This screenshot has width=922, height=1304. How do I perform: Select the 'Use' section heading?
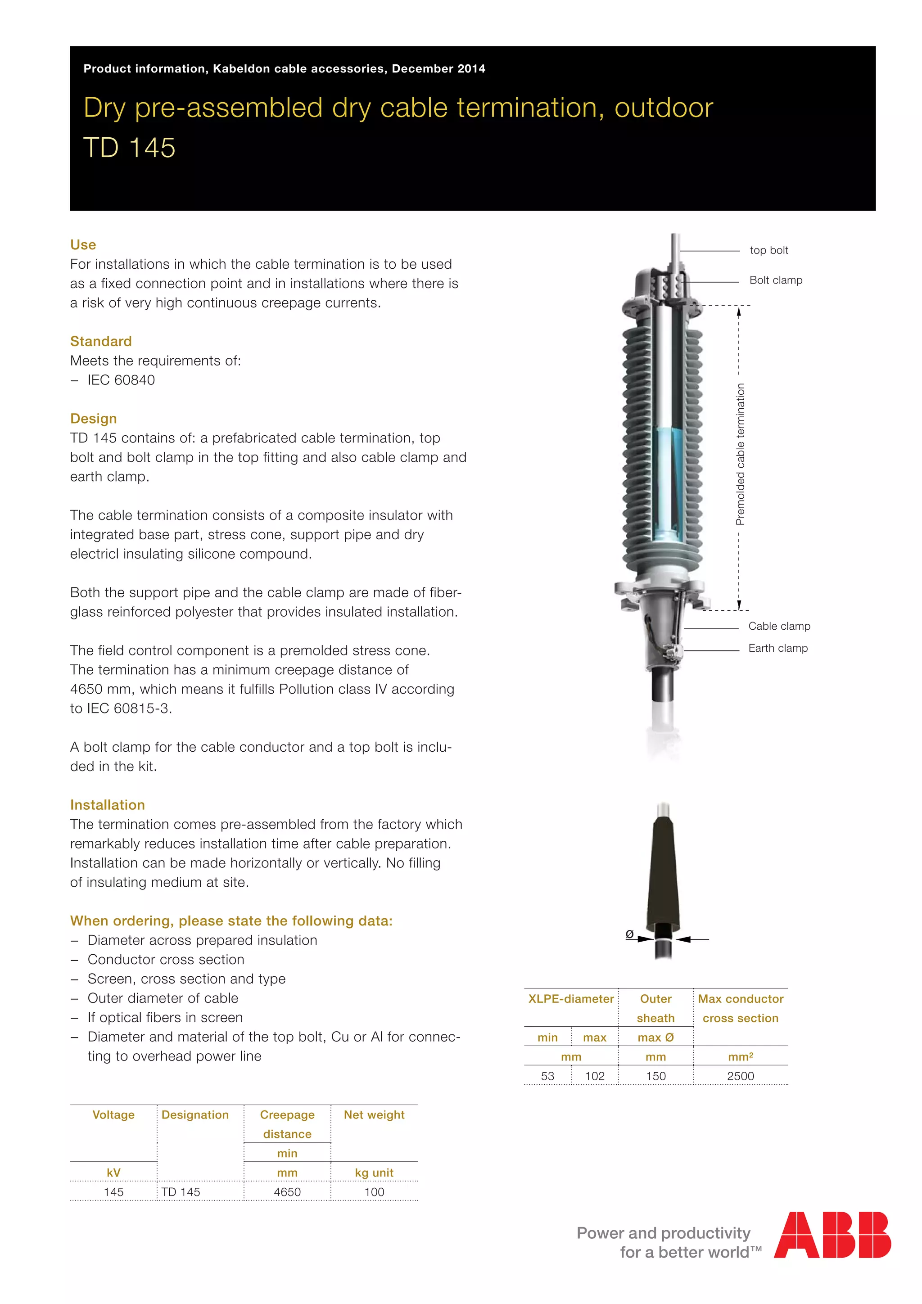tap(83, 245)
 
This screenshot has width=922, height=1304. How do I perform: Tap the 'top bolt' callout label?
tap(768, 250)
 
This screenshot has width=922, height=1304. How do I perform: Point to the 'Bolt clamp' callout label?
tap(775, 280)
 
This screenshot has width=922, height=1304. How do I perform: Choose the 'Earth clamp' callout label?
tap(777, 648)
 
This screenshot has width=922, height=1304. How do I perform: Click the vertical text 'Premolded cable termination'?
tap(740, 454)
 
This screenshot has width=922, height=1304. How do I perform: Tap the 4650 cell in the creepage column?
tap(287, 1192)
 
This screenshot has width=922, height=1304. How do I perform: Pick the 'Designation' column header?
tap(195, 1115)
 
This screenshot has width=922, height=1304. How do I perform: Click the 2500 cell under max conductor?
tap(740, 1076)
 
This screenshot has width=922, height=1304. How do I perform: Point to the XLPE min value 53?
tap(547, 1076)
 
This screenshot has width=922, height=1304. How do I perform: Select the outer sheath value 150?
tap(655, 1076)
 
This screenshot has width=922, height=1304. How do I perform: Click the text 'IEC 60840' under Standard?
tap(121, 380)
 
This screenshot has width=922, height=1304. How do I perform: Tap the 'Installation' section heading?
tap(107, 805)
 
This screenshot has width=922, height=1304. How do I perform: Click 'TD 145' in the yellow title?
tap(130, 148)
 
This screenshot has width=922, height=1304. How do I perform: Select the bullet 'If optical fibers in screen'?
tap(165, 1017)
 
